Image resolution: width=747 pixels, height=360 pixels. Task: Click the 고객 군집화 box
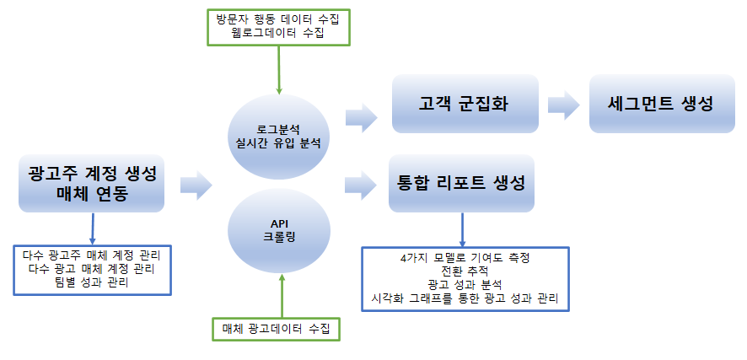tap(465, 104)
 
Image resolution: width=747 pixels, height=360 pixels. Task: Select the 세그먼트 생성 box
tap(660, 104)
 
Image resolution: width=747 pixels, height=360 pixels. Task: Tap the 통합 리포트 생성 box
tap(461, 182)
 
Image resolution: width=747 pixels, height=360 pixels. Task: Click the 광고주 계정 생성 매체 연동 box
tap(92, 183)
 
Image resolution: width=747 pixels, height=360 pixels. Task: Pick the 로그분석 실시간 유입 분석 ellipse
tap(278, 135)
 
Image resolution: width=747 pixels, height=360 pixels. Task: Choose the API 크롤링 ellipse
tap(278, 230)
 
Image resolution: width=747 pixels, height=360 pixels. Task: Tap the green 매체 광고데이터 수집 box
tap(276, 327)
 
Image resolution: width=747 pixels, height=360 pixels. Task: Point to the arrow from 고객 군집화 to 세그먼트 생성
tap(562, 105)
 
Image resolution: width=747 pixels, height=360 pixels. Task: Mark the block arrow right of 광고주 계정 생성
tap(196, 185)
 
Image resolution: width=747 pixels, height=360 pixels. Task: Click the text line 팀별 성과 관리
tap(93, 282)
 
